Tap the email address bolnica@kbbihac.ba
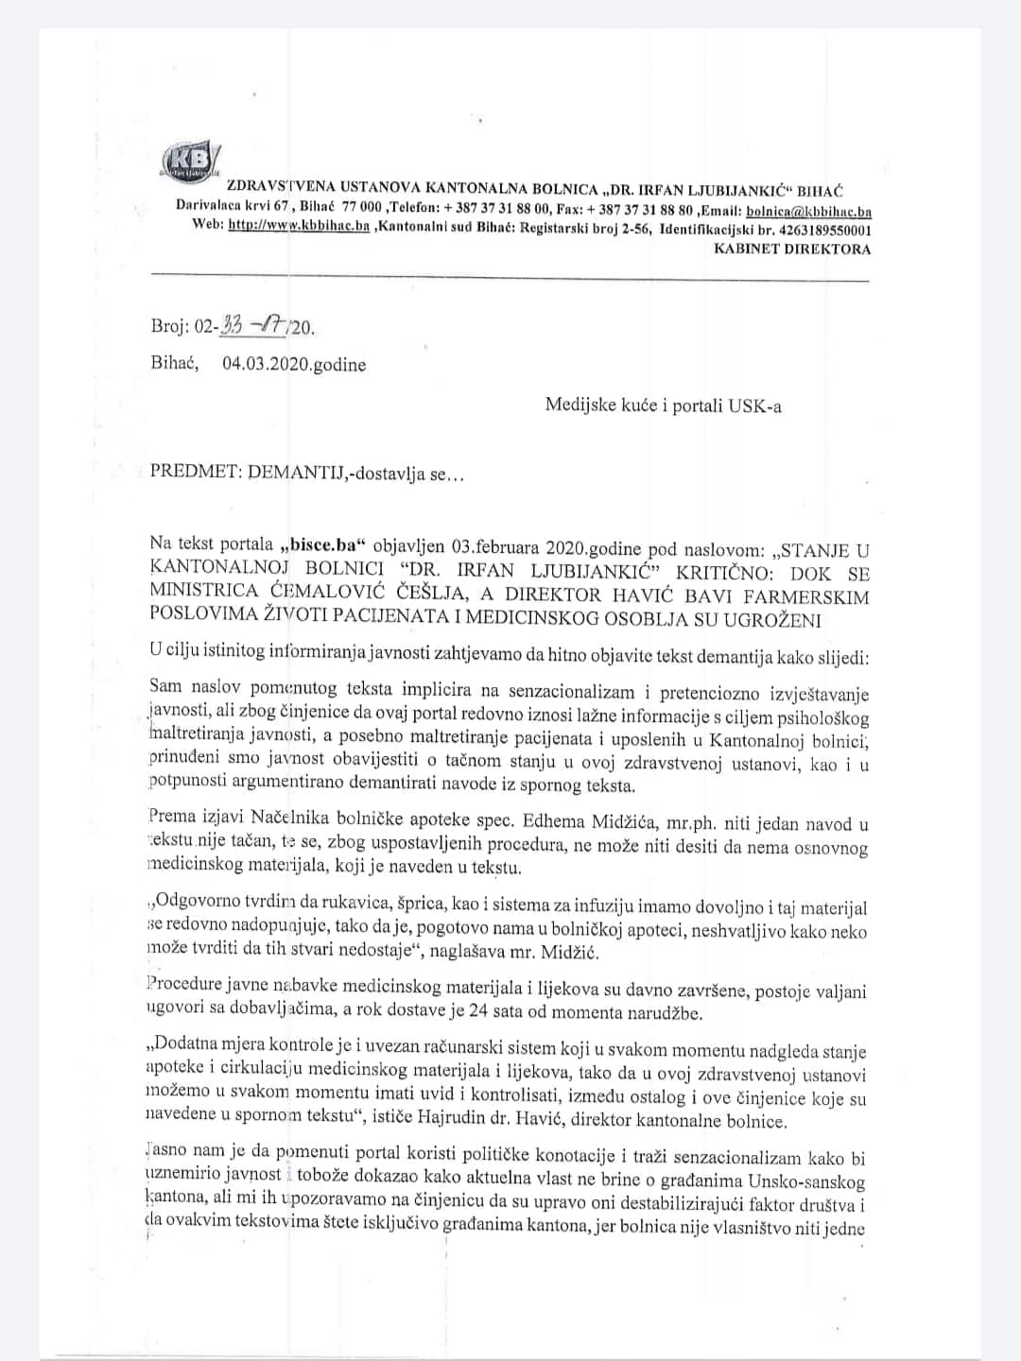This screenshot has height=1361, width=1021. click(808, 212)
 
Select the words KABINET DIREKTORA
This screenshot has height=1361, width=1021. click(792, 250)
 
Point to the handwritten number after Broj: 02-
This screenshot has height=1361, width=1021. click(255, 327)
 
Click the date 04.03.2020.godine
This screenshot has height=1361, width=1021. click(294, 365)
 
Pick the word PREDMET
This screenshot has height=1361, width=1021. click(193, 473)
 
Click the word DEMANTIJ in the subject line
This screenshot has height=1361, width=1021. click(294, 473)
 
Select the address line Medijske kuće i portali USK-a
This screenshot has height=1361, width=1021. click(663, 405)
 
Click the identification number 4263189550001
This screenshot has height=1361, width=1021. click(815, 231)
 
